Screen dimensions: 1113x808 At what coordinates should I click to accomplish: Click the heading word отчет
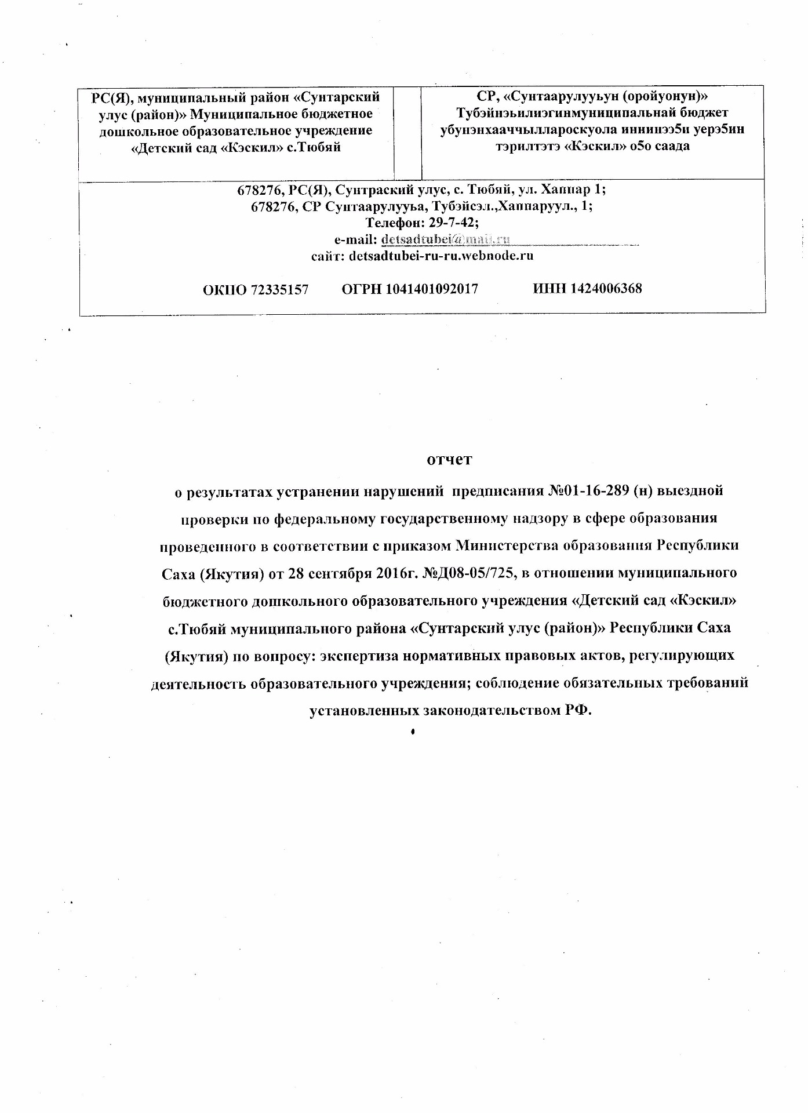coord(449,460)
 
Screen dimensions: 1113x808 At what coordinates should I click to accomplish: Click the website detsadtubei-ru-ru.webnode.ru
coord(441,256)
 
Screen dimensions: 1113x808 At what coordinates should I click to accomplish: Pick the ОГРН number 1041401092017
coord(431,289)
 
